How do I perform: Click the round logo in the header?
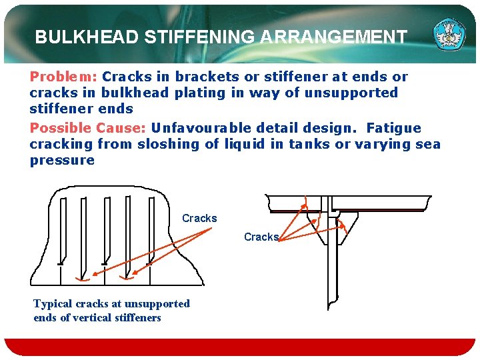[450, 35]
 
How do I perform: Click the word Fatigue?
[394, 127]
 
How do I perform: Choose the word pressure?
[62, 160]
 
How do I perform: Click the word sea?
[427, 143]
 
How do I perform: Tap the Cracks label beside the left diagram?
[199, 218]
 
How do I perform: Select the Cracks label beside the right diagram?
[261, 237]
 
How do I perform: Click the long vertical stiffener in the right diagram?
[331, 267]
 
